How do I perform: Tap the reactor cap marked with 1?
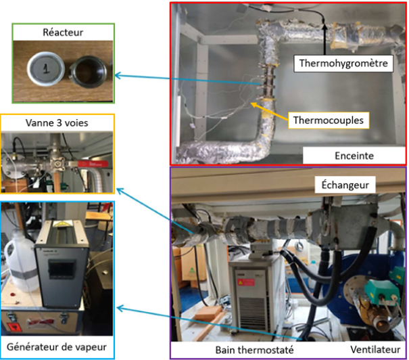click(x=46, y=68)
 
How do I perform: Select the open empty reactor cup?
click(x=87, y=68)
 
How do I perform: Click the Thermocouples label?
click(x=329, y=120)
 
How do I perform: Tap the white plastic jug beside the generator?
click(x=18, y=261)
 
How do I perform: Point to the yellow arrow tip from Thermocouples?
click(x=252, y=104)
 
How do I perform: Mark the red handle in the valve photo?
click(x=94, y=162)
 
